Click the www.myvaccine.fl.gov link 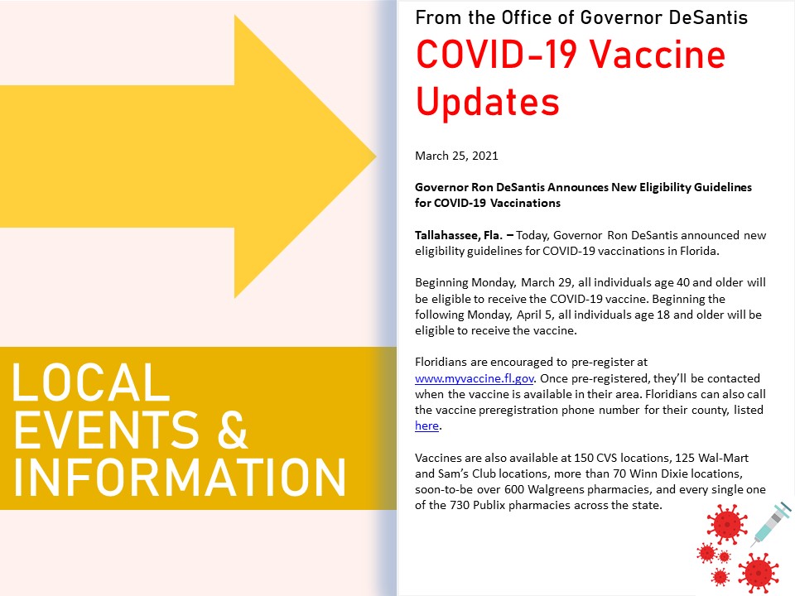click(474, 378)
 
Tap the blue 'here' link click(426, 425)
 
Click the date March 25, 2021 click(456, 156)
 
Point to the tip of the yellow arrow click(376, 156)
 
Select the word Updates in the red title click(487, 101)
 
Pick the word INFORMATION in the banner click(180, 477)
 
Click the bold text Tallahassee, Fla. click(459, 235)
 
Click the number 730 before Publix click(460, 505)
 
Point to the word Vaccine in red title click(657, 55)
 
